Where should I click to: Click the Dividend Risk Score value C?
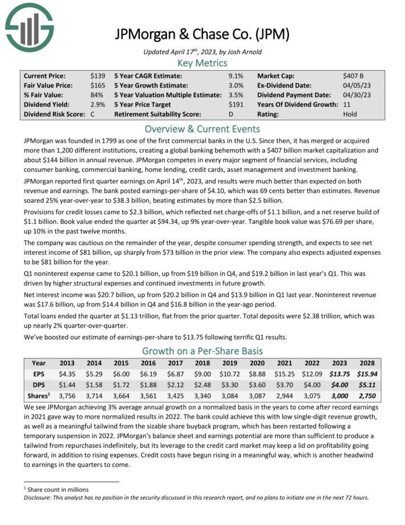click(92, 114)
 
